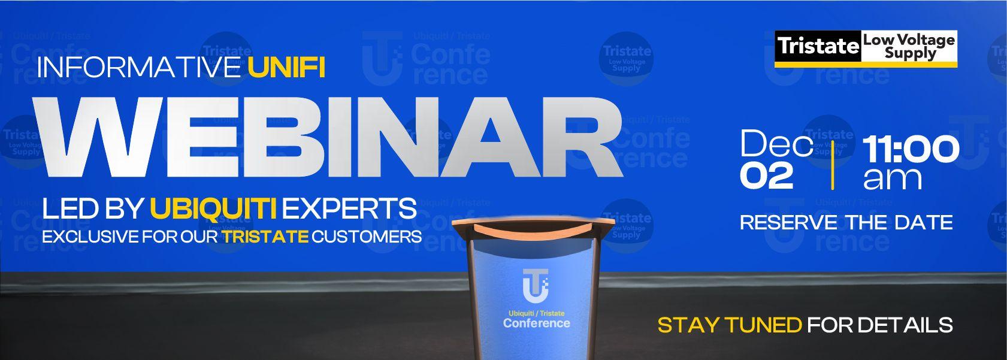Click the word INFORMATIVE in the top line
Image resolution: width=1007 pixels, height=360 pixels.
(139, 68)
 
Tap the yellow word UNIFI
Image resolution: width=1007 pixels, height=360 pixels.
(286, 68)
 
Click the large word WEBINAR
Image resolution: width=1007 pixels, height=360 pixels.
(328, 143)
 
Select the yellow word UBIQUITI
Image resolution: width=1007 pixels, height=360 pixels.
(213, 209)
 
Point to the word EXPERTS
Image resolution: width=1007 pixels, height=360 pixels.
(349, 209)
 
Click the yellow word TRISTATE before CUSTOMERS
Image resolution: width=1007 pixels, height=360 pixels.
(265, 237)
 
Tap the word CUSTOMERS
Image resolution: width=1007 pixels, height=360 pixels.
(367, 237)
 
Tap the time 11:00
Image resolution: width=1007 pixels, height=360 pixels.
(911, 149)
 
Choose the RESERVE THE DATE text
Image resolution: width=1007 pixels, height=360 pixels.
(846, 223)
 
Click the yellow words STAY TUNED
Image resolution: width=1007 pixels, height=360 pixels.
(729, 325)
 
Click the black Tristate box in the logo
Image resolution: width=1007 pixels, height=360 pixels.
(818, 46)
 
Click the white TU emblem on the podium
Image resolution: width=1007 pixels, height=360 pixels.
(535, 285)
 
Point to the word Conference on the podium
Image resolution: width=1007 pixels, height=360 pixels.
(536, 323)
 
